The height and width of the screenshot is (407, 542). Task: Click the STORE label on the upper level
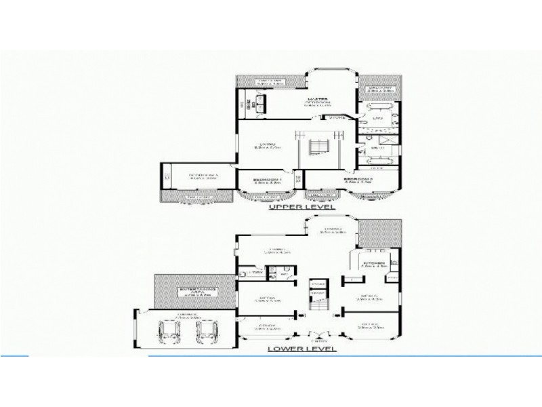coord(337,118)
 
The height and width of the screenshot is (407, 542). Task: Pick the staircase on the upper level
coord(318,148)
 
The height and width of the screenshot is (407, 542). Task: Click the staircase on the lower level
coord(317,294)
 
